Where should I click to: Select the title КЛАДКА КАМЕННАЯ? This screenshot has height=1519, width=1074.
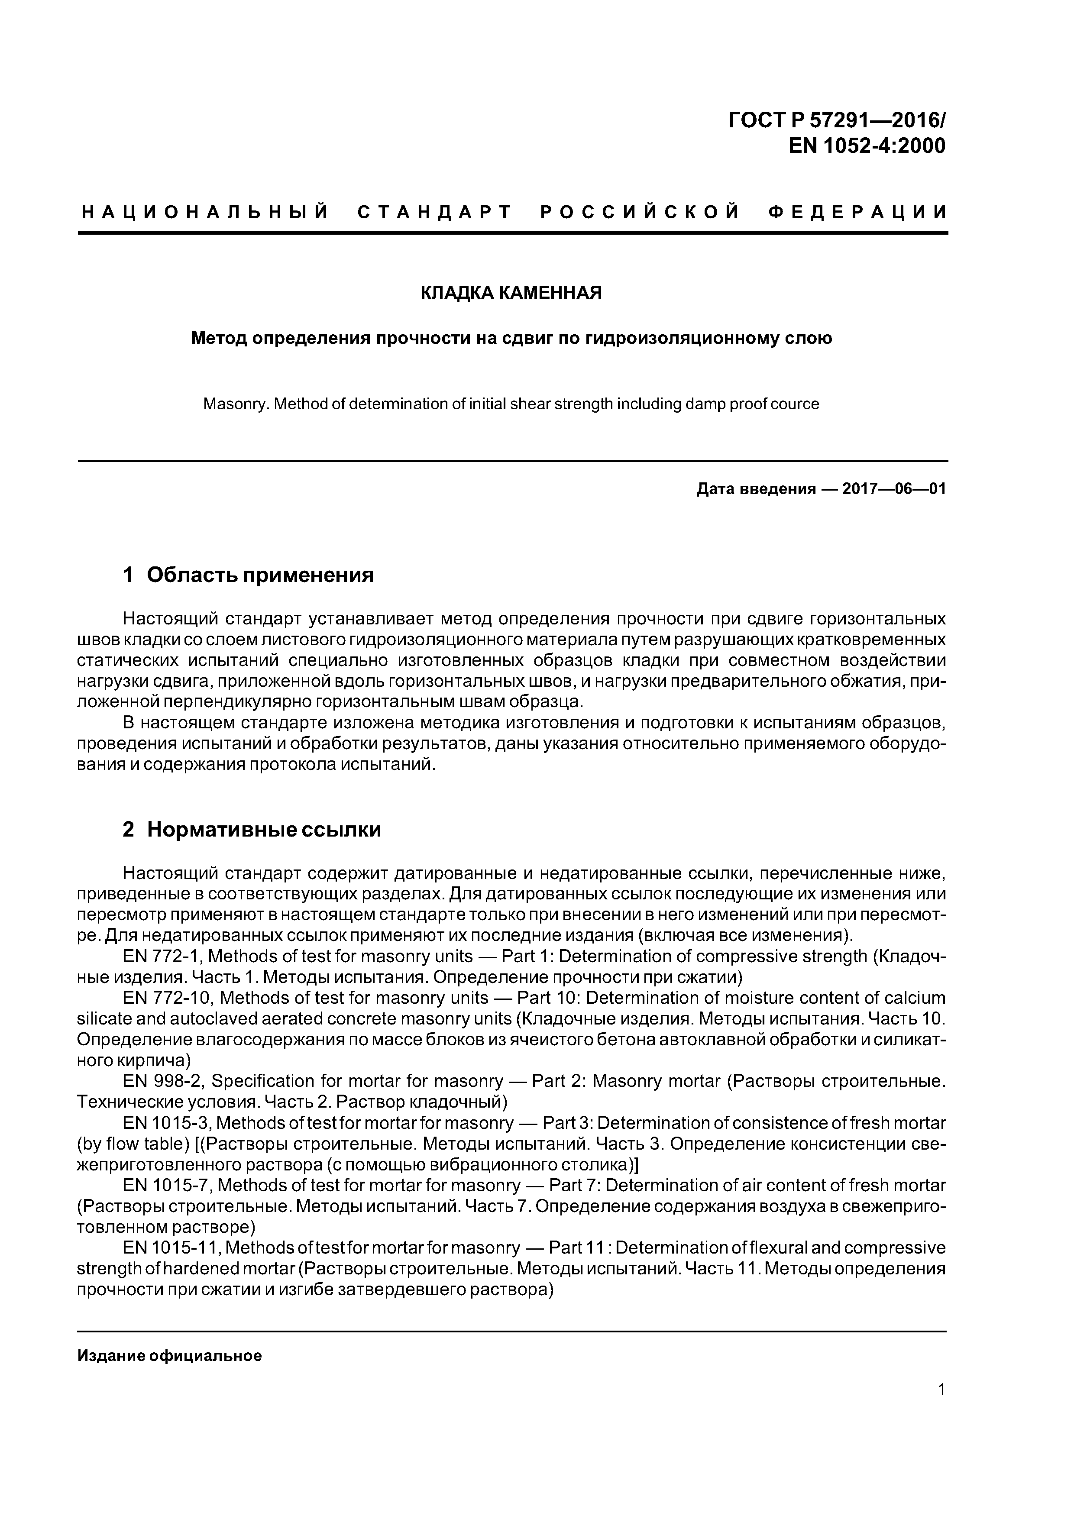pyautogui.click(x=511, y=292)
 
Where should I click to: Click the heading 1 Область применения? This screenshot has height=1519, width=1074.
pyautogui.click(x=248, y=575)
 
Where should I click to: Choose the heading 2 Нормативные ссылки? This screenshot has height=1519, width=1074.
pyautogui.click(x=252, y=830)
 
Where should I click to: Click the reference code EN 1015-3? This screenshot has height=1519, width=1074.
pyautogui.click(x=168, y=1123)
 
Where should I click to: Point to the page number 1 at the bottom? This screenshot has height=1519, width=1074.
pyautogui.click(x=941, y=1390)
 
